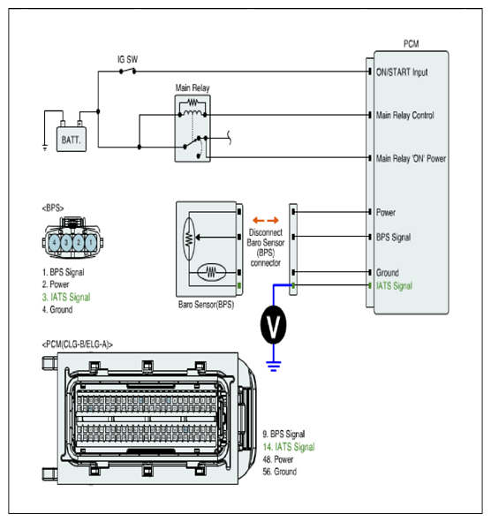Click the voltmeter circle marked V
coord(273,324)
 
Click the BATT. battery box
coord(72,140)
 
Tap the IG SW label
coord(127,59)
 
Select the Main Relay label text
coord(193,88)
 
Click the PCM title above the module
coord(412,44)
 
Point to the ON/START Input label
coord(402,72)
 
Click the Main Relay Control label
coord(404,116)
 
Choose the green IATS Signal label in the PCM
coord(394,286)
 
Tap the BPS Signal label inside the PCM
coord(393,238)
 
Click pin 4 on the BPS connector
coord(55,242)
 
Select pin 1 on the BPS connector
coord(91,242)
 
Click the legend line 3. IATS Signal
coord(66,297)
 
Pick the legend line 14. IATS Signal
coord(289,447)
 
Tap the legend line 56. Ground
coord(280,472)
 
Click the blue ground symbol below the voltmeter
coord(274,366)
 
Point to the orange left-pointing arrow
coord(259,220)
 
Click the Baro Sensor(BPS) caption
coord(206,305)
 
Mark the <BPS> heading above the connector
coord(53,208)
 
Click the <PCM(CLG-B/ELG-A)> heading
coord(77,344)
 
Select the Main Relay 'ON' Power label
coord(411,158)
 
